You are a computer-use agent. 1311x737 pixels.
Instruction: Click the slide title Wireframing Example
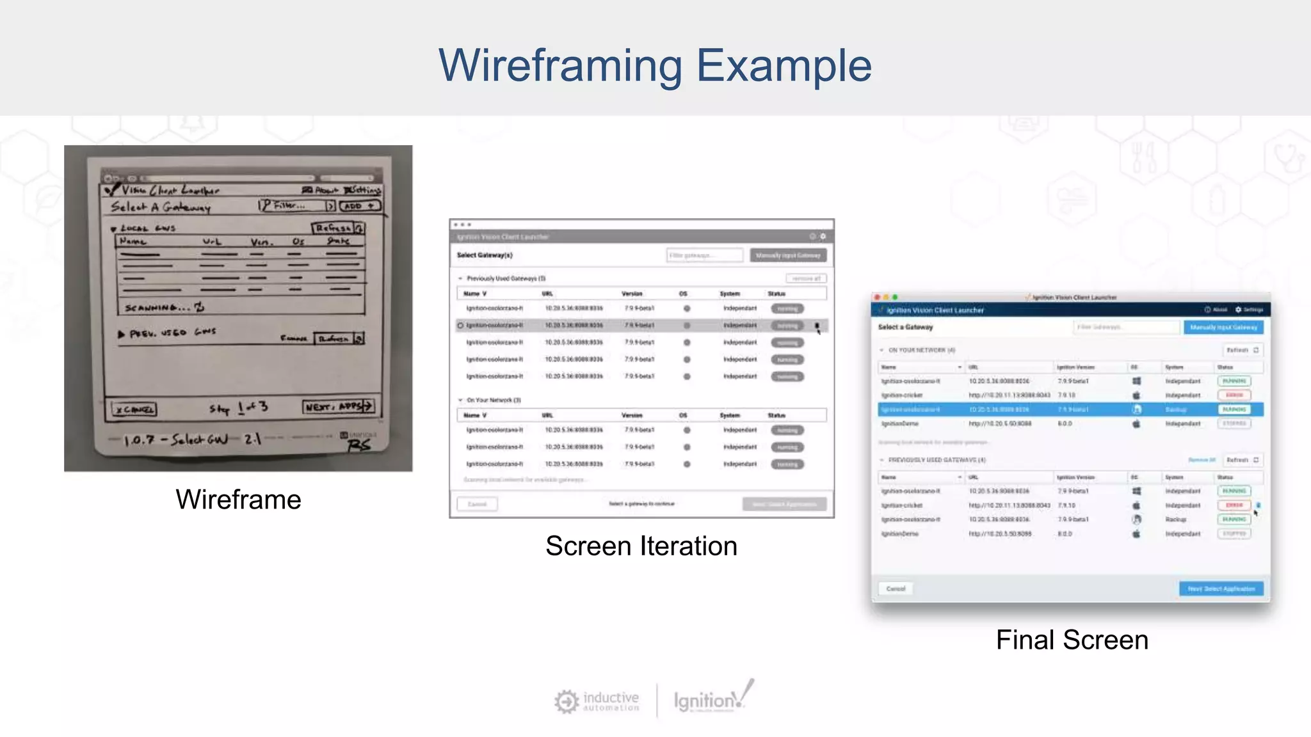tap(654, 65)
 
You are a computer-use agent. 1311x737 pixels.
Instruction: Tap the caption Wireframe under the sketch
tap(238, 500)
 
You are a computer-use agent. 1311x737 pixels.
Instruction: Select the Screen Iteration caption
tap(641, 546)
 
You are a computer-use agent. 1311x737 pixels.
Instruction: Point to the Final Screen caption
tap(1072, 640)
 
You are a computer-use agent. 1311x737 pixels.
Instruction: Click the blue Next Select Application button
tap(1221, 589)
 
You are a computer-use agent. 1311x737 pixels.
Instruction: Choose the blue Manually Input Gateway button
tap(1223, 328)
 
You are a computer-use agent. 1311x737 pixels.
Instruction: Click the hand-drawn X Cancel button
tap(134, 409)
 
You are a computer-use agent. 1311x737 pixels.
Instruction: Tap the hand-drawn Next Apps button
tap(338, 407)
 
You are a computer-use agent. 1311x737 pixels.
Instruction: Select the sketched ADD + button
tap(360, 206)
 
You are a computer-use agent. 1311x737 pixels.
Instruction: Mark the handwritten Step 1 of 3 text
tap(238, 408)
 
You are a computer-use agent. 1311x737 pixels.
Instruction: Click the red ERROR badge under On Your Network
tap(1234, 395)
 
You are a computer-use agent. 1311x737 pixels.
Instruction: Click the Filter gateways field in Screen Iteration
tap(704, 255)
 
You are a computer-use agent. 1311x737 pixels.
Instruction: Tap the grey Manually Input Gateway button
tap(787, 255)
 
